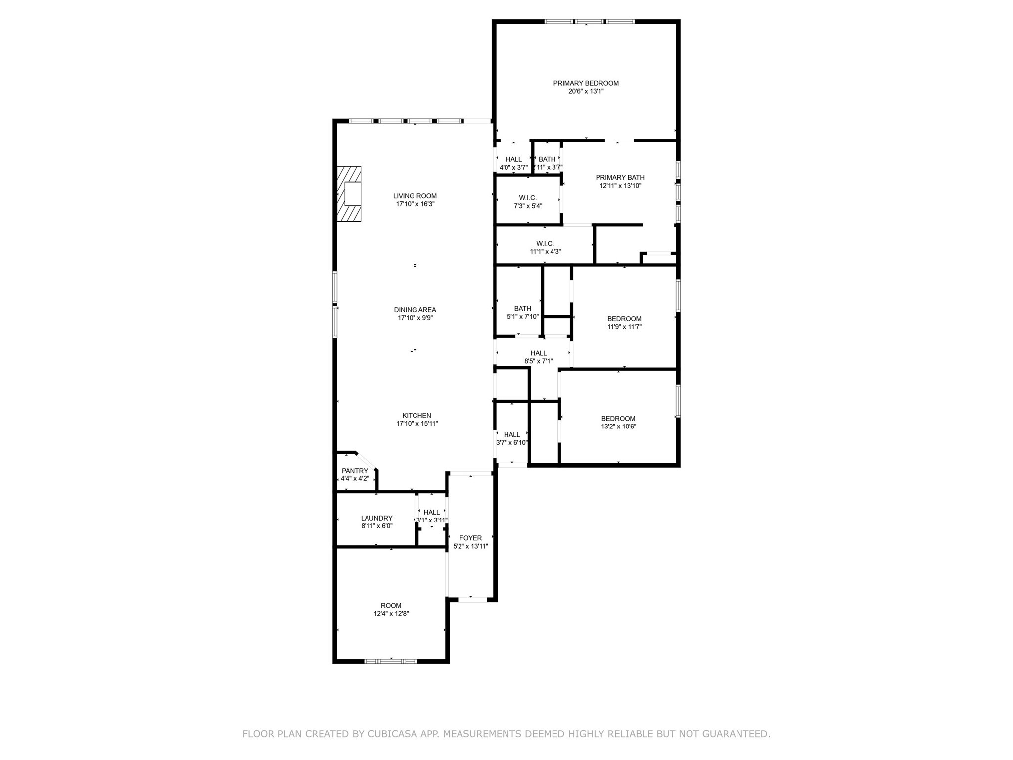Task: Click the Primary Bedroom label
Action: (586, 83)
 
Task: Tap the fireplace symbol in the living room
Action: (349, 194)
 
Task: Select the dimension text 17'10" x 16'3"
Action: (415, 204)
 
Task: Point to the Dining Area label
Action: (415, 310)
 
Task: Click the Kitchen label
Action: (416, 415)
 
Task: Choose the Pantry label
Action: (355, 471)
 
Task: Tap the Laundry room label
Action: (376, 518)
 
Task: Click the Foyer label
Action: (470, 538)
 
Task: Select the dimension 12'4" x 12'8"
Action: (391, 614)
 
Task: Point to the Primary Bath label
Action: (620, 177)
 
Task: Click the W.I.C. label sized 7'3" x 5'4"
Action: (528, 198)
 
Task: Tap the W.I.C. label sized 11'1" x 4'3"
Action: (545, 243)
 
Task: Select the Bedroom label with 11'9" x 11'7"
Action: (624, 319)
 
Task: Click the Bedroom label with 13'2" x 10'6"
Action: (618, 418)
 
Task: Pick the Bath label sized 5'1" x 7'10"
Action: (522, 308)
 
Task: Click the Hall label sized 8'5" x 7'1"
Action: (538, 353)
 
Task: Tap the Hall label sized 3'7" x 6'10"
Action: (512, 434)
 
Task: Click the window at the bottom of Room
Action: (391, 661)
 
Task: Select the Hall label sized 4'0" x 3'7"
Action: (513, 159)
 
